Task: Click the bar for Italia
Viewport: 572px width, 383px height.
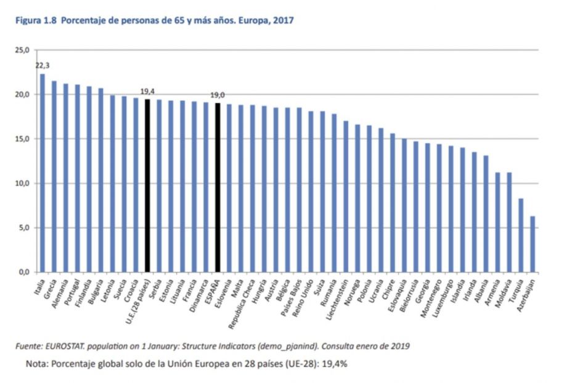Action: tap(42, 173)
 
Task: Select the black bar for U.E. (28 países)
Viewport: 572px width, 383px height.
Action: tap(147, 185)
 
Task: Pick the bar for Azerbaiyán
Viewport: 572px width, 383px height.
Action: tap(533, 244)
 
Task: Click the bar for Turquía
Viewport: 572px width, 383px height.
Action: tap(521, 235)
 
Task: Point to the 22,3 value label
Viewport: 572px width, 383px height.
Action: tap(43, 65)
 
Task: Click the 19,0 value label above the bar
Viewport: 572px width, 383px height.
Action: tap(218, 95)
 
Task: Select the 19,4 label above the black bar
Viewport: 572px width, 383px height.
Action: tap(147, 91)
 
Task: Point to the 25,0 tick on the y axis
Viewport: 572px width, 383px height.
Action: tap(23, 50)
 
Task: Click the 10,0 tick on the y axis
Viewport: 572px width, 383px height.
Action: tap(23, 183)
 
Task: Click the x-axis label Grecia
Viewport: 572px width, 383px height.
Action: tap(50, 287)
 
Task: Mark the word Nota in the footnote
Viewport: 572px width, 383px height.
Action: tap(36, 363)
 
